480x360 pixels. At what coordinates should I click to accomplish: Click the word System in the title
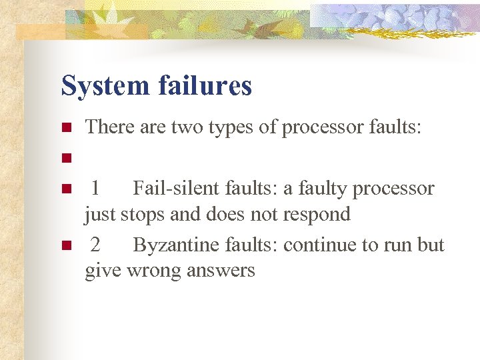point(105,86)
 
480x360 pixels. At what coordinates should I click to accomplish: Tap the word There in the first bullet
point(110,127)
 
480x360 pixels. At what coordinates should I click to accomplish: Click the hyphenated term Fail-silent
point(174,189)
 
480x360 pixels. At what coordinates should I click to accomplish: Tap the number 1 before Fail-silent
point(95,189)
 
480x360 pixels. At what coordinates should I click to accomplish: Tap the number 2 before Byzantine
point(95,245)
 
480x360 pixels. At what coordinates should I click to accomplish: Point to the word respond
point(317,215)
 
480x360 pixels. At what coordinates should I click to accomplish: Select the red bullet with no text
point(65,159)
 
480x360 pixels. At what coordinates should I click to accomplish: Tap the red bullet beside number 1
point(65,189)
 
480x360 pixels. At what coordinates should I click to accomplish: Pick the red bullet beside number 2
point(65,246)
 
